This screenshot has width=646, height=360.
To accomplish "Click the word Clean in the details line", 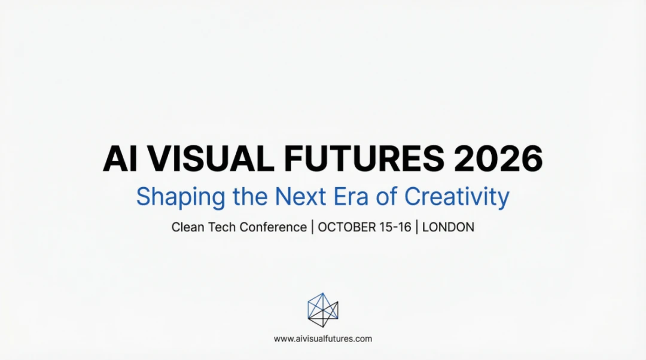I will coord(187,227).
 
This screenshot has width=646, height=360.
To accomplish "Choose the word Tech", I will coord(222,227).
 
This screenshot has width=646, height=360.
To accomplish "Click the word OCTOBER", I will coord(348,227).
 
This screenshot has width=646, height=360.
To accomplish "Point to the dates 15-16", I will coord(395,227).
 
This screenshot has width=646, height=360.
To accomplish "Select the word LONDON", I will coord(448,227).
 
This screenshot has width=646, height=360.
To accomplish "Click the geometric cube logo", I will coord(323,310).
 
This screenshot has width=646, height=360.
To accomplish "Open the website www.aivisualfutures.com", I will coord(323,338).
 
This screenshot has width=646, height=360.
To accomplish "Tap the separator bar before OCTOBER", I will coord(312,227).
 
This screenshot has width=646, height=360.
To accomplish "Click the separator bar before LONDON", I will coord(417,227).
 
